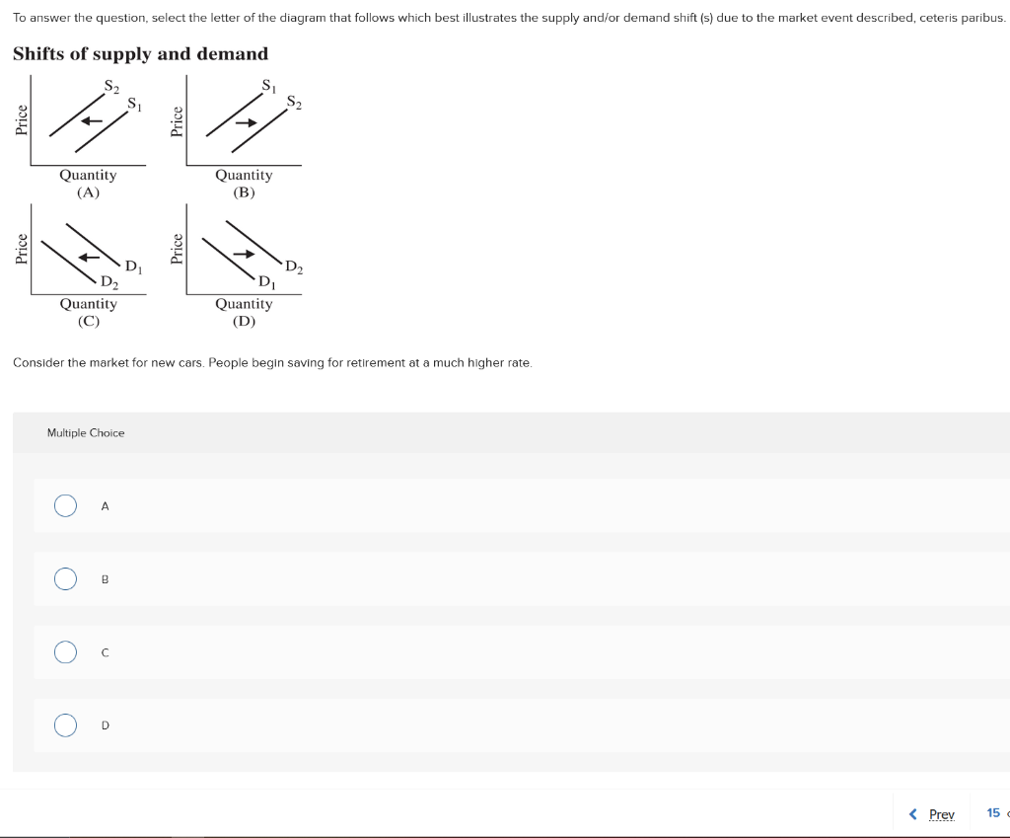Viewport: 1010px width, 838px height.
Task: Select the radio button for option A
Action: pyautogui.click(x=65, y=506)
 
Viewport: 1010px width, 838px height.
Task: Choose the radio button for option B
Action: pyautogui.click(x=65, y=579)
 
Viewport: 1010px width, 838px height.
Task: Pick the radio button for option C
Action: pyautogui.click(x=65, y=652)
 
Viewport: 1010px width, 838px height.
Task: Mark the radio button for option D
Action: pyautogui.click(x=65, y=725)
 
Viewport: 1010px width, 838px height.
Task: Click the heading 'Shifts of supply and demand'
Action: pyautogui.click(x=140, y=54)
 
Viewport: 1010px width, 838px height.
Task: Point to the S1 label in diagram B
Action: pyautogui.click(x=267, y=86)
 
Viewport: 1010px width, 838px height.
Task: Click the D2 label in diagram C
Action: pyautogui.click(x=109, y=283)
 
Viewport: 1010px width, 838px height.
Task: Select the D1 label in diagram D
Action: pyautogui.click(x=265, y=284)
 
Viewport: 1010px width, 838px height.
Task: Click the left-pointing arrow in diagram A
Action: pyautogui.click(x=92, y=121)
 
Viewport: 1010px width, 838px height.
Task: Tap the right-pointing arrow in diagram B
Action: pyautogui.click(x=247, y=121)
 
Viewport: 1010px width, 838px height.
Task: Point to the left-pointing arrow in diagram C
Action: pyautogui.click(x=90, y=257)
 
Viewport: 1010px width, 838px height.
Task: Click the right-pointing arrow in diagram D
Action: pyautogui.click(x=244, y=254)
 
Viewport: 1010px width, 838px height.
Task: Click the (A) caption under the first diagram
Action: pyautogui.click(x=88, y=192)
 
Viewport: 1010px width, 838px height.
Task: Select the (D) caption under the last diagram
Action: pyautogui.click(x=244, y=322)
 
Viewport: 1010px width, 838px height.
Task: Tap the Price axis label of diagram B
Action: pyautogui.click(x=178, y=120)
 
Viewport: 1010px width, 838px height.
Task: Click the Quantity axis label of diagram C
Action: pyautogui.click(x=88, y=304)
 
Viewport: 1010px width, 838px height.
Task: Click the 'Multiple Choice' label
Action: pyautogui.click(x=86, y=433)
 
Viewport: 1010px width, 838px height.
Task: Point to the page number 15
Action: pyautogui.click(x=993, y=813)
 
